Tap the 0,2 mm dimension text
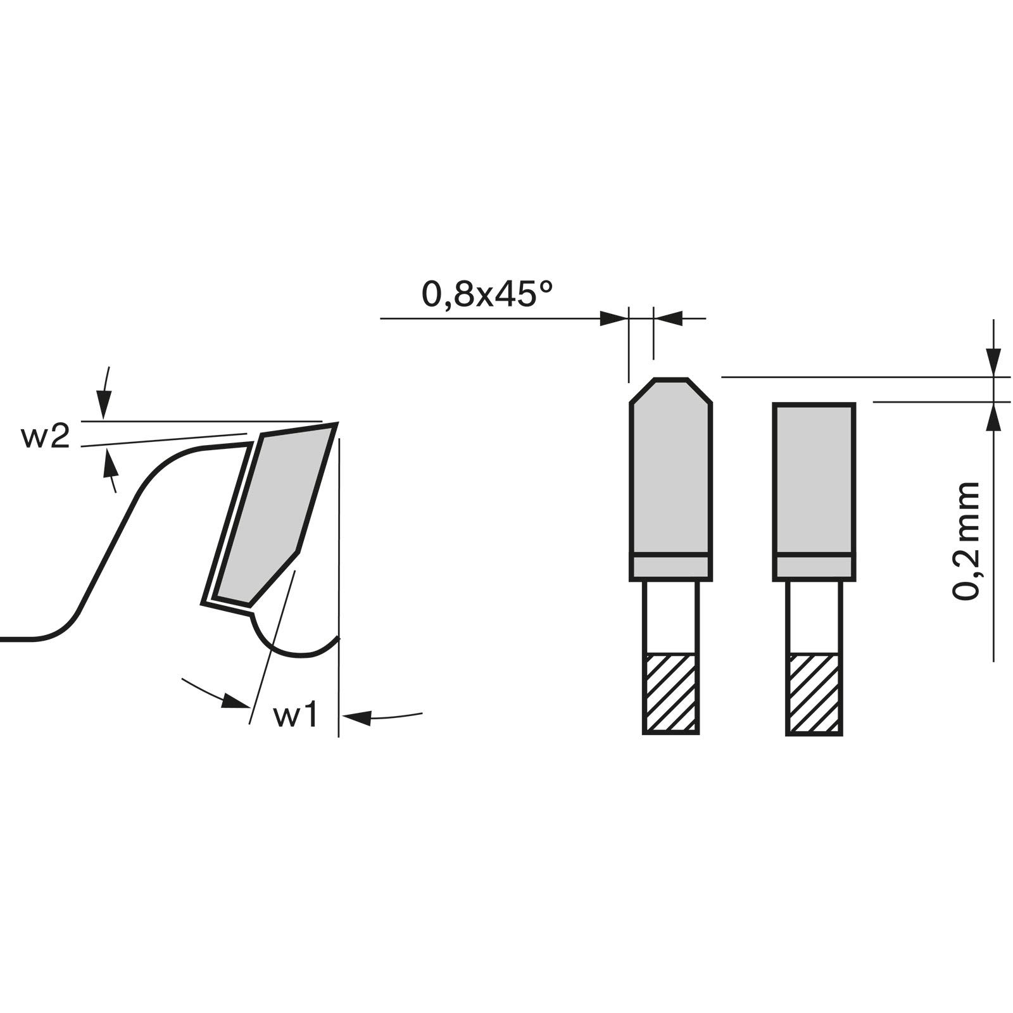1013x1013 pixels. pos(966,541)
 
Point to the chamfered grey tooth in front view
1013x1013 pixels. pos(671,466)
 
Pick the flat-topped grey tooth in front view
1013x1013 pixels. pos(814,479)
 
